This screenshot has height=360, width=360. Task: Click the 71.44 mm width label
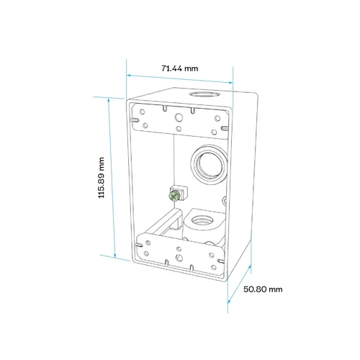(180, 68)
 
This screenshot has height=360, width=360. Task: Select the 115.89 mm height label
(102, 178)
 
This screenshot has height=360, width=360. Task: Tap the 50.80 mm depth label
(263, 289)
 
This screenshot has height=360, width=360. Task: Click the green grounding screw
(174, 196)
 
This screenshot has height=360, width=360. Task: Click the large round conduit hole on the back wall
(210, 164)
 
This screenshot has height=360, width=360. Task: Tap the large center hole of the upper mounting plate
(179, 117)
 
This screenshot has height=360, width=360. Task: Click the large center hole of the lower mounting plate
(179, 258)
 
